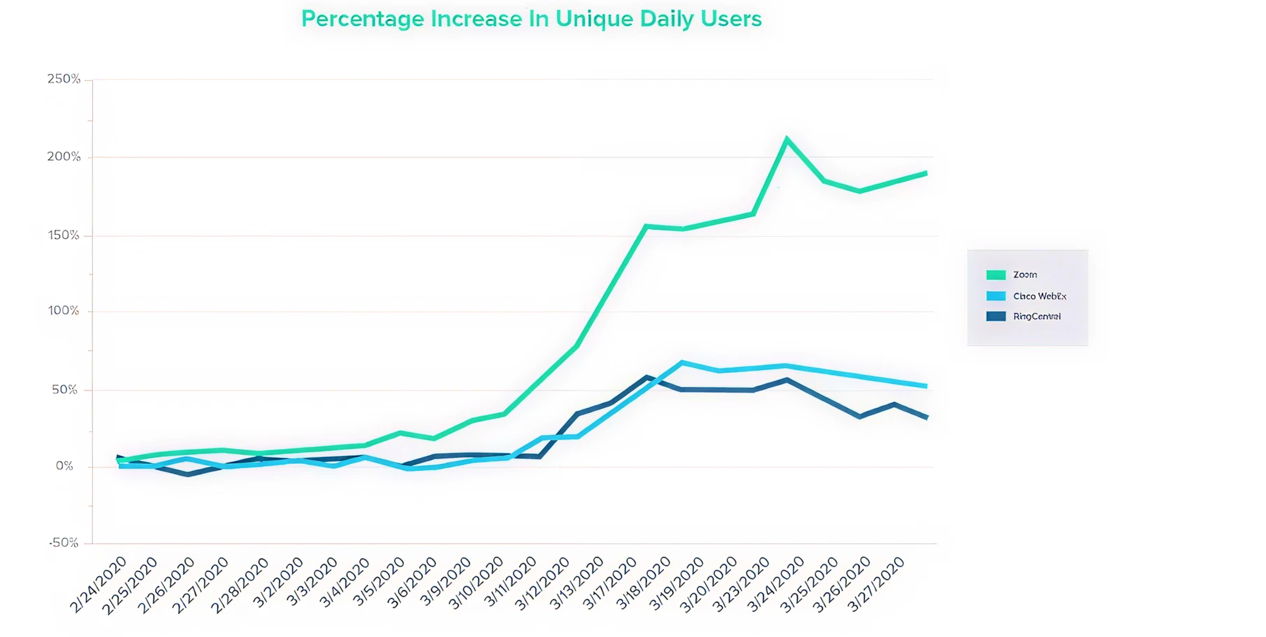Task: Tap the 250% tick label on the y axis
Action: coord(63,79)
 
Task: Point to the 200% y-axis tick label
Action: coord(63,157)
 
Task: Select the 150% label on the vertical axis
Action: coord(63,235)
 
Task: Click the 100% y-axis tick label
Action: coord(63,310)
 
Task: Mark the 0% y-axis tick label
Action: coord(64,466)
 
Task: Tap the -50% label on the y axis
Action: coord(63,543)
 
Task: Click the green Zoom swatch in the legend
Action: coord(996,275)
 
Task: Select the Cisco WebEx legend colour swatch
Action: coord(996,296)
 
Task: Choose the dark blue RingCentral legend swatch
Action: coord(996,316)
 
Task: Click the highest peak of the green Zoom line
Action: coord(787,139)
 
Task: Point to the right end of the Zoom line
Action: coord(926,173)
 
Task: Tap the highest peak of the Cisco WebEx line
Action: coord(682,363)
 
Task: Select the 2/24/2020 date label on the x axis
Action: coord(98,585)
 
